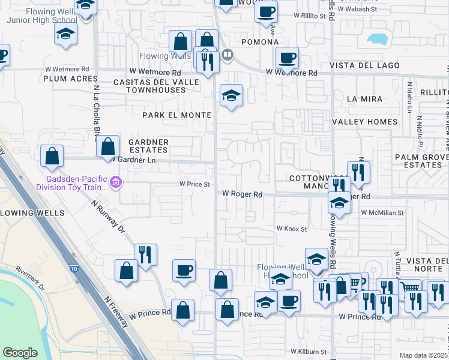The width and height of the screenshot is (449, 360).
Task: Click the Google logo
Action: tap(20, 353)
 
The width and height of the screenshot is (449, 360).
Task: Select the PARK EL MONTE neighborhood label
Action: tap(176, 115)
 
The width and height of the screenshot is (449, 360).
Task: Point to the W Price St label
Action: tap(195, 184)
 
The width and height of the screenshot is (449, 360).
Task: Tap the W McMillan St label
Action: tap(382, 212)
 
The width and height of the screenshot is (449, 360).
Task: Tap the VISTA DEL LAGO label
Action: tap(360, 65)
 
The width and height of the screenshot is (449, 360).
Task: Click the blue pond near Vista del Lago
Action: tap(378, 40)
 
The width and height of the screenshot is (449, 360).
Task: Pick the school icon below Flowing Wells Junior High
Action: tap(66, 34)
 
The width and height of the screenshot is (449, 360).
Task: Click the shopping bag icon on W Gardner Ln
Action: tap(107, 146)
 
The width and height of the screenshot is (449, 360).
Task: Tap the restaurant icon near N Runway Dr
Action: tap(145, 254)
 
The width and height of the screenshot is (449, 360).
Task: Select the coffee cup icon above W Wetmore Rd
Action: tap(288, 58)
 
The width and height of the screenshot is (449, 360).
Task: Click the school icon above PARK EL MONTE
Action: tap(231, 95)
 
